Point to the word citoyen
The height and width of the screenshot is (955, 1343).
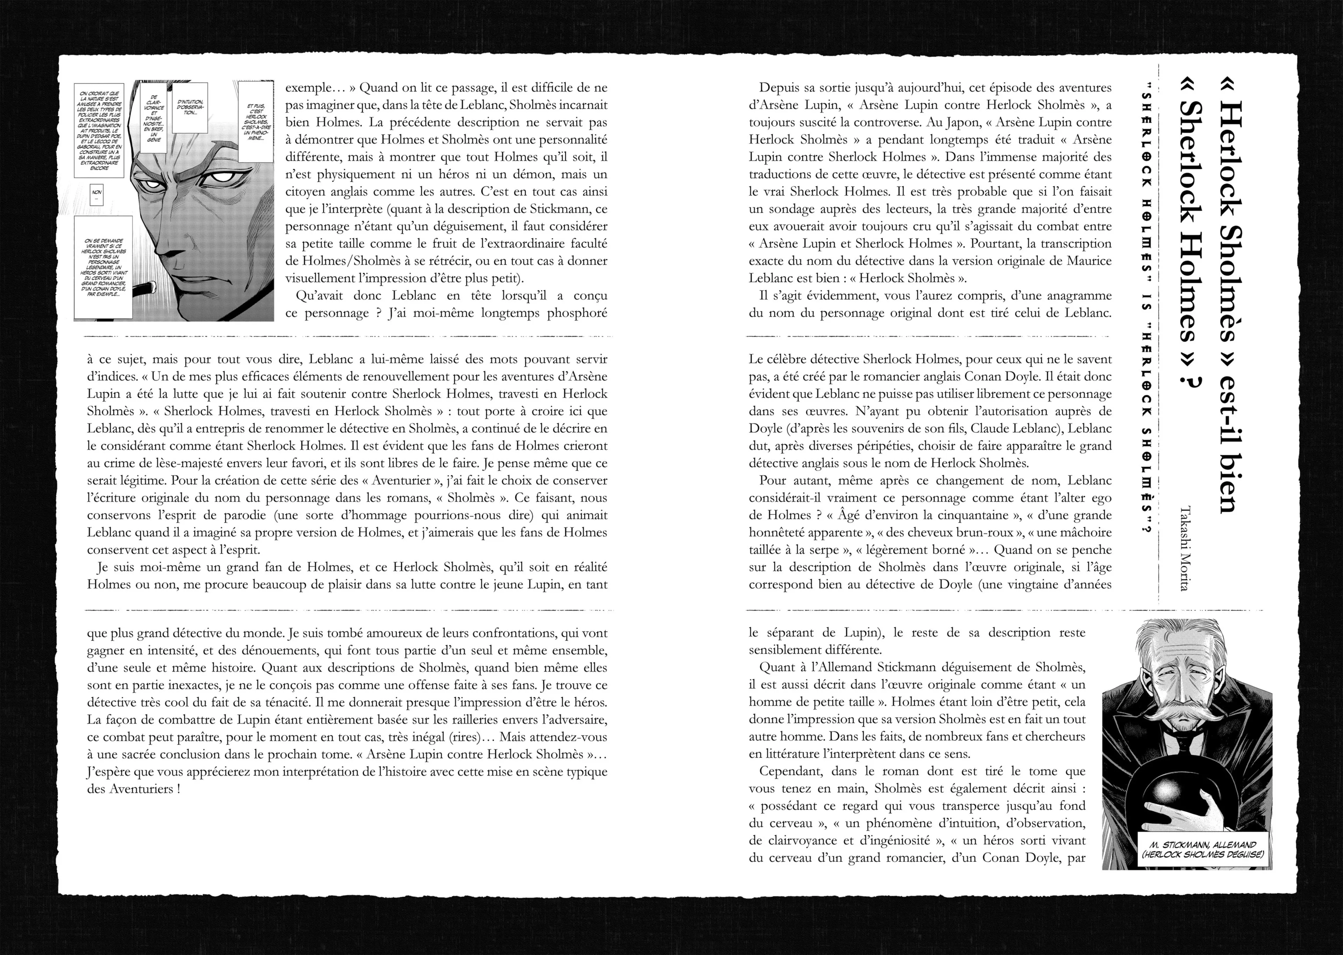click(308, 192)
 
